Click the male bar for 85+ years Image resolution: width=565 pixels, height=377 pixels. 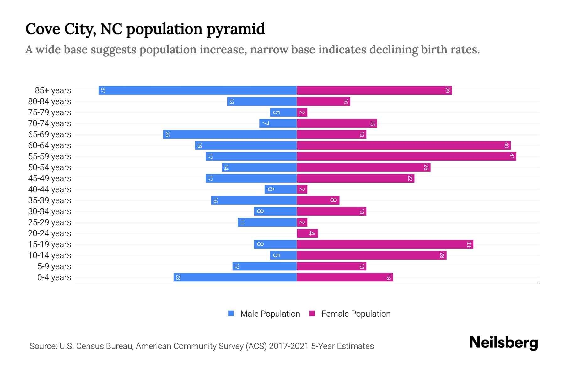pos(198,90)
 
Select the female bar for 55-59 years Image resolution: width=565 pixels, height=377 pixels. pos(406,156)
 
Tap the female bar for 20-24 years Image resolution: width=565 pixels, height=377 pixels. pos(307,233)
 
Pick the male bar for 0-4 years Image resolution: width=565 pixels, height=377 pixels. pos(235,277)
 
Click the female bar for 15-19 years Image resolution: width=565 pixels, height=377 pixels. pos(385,244)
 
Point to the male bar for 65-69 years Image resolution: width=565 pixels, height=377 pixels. pos(230,134)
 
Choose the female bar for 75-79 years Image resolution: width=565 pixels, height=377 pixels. pos(302,112)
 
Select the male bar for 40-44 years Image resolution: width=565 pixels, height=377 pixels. pos(281,189)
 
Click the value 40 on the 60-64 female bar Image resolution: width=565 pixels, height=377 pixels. pos(506,145)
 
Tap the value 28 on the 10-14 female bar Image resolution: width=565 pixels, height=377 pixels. pos(442,255)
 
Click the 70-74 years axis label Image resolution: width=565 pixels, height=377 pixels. pos(50,123)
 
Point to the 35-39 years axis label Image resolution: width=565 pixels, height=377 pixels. pos(50,200)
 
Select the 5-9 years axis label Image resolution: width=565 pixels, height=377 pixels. pos(54,266)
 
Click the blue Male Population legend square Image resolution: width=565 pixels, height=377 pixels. pos(231,314)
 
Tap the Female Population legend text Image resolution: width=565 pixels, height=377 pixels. pos(356,314)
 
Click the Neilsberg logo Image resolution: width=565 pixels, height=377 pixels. pos(503,343)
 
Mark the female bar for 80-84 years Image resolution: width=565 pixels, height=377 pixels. pos(323,101)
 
